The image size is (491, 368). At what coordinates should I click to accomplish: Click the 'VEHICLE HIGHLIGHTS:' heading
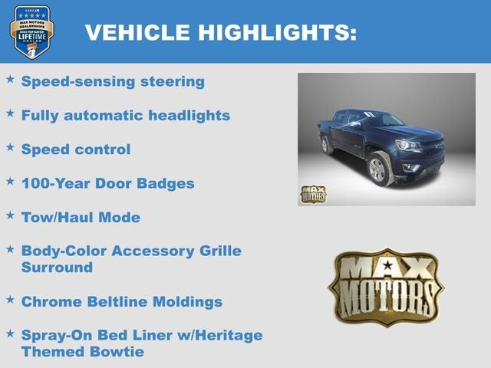(x=220, y=32)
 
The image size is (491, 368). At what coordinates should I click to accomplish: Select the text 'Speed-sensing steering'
(x=113, y=81)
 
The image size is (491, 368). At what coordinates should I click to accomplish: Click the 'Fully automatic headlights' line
(x=126, y=116)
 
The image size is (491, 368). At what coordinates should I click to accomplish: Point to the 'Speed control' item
(x=76, y=149)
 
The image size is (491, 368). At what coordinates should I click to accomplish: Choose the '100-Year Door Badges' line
(x=107, y=183)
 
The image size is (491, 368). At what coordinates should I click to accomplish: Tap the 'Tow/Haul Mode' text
(x=81, y=217)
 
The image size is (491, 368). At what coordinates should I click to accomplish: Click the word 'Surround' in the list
(x=57, y=268)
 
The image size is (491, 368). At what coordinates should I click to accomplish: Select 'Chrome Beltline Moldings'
(x=121, y=301)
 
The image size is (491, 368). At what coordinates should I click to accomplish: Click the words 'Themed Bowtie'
(x=82, y=352)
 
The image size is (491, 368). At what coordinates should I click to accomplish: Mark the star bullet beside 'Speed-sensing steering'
(x=10, y=79)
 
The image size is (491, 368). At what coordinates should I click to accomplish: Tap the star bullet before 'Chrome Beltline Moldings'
(x=10, y=299)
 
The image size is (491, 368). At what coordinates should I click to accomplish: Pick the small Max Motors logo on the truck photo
(x=312, y=193)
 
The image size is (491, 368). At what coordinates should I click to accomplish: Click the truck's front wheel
(x=381, y=168)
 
